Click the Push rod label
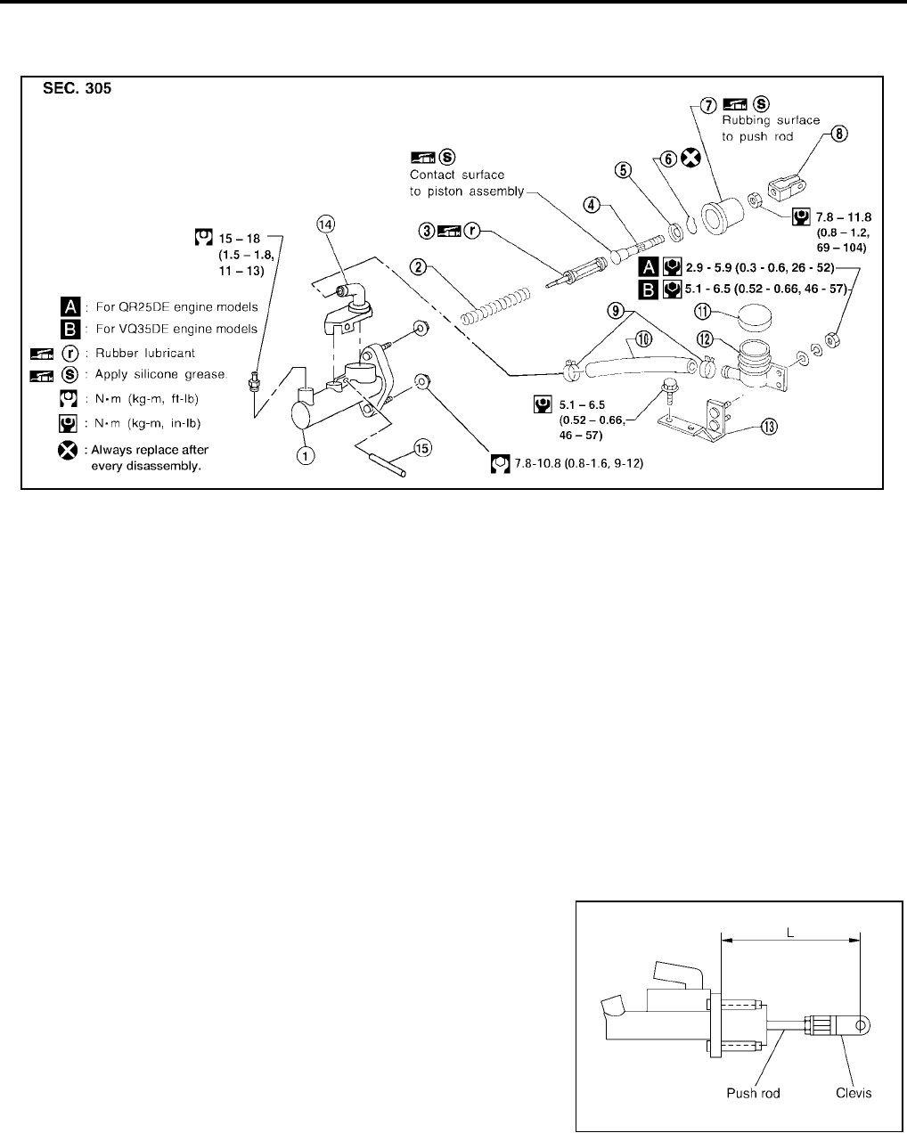pyautogui.click(x=754, y=1093)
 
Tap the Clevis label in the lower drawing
pyautogui.click(x=854, y=1093)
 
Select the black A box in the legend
pyautogui.click(x=68, y=306)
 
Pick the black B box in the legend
pyautogui.click(x=68, y=329)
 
